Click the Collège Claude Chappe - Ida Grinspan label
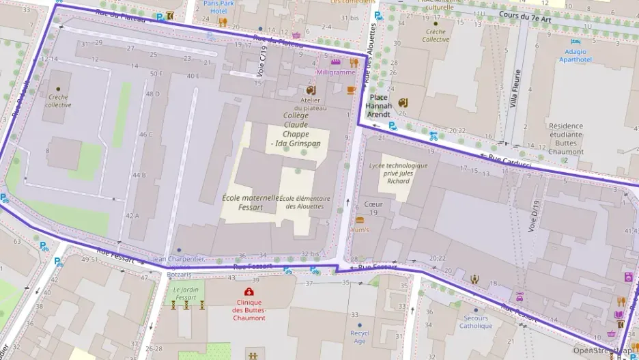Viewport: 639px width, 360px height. (296, 129)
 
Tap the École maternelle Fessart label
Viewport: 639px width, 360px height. (251, 202)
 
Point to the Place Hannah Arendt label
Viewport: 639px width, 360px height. (379, 106)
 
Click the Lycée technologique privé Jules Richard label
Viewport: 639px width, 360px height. (398, 173)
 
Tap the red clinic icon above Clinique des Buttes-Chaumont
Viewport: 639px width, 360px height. (248, 292)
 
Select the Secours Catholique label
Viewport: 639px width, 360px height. (475, 322)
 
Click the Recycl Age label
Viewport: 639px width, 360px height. (359, 337)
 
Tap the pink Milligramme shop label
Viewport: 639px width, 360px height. (335, 72)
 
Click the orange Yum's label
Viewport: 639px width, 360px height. (360, 230)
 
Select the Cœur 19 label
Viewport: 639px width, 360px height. (373, 208)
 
